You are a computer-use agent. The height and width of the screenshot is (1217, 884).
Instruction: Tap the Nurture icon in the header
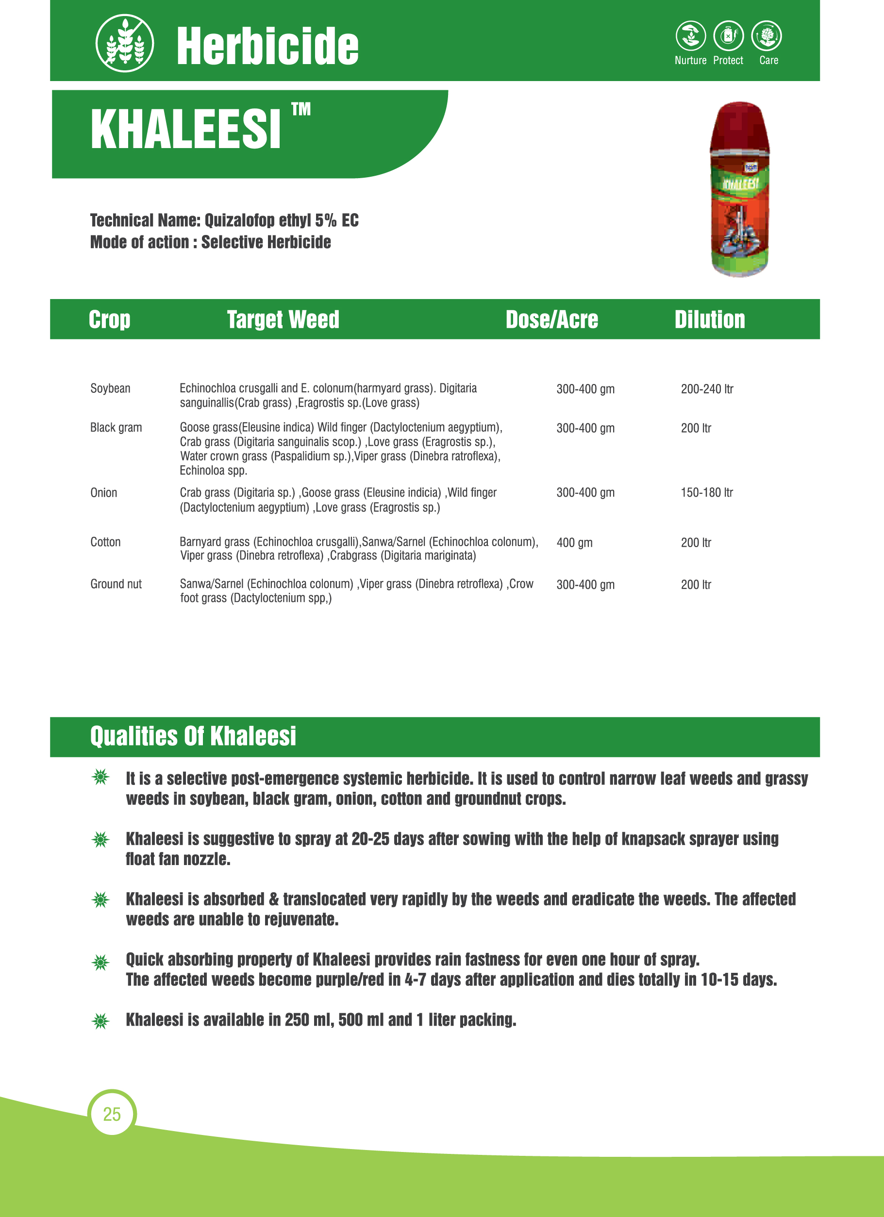coord(690,36)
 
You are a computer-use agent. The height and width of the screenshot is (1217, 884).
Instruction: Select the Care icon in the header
coord(767,36)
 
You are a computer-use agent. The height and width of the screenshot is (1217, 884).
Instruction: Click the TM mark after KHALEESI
coord(301,109)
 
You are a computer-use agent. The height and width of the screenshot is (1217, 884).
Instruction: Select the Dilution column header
coord(710,319)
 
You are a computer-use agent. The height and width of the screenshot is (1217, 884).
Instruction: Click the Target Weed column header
coord(283,319)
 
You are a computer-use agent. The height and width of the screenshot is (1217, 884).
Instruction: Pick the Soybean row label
coord(110,388)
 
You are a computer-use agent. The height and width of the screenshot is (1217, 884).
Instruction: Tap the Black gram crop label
coord(116,428)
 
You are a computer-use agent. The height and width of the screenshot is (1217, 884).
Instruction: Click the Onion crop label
coord(103,493)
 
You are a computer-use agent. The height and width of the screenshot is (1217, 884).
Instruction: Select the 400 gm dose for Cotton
coord(574,543)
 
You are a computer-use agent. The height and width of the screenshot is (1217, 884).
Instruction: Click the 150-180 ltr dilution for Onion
coord(706,493)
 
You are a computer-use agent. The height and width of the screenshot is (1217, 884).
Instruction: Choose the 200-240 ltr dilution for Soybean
coord(707,389)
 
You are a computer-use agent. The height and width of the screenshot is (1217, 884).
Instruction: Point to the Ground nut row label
coord(116,584)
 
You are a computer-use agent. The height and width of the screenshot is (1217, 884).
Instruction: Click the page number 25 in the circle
coord(112,1114)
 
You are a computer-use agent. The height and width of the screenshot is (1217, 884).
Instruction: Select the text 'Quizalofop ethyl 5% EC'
coord(281,220)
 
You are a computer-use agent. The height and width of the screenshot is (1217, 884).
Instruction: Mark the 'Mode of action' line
coord(210,242)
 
